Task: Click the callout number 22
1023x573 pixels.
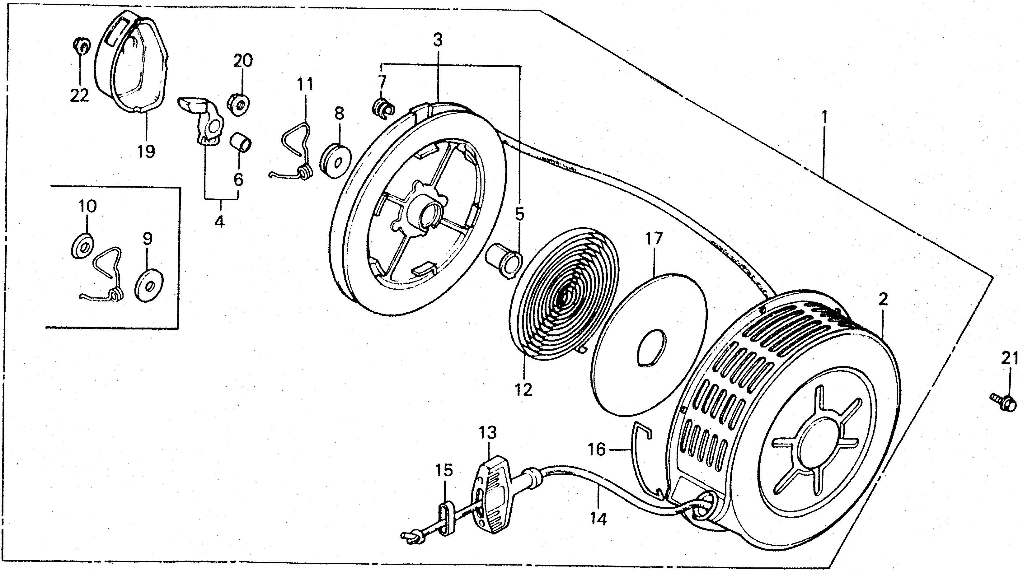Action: pyautogui.click(x=79, y=95)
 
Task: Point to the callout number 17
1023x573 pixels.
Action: pyautogui.click(x=654, y=239)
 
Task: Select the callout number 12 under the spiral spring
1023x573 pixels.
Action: pyautogui.click(x=523, y=390)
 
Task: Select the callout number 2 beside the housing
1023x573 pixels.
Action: pyautogui.click(x=882, y=300)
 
